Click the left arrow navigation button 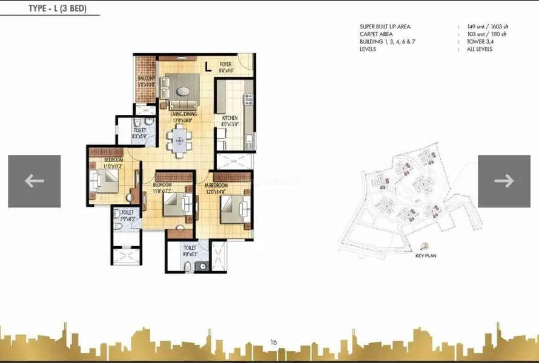(x=34, y=181)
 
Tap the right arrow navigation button (x=504, y=181)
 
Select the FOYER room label (x=225, y=64)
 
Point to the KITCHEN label (x=229, y=118)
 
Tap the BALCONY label (x=146, y=79)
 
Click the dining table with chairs (x=179, y=142)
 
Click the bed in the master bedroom (x=233, y=209)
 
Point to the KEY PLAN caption (x=426, y=256)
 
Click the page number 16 (x=274, y=342)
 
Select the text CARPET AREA (x=376, y=34)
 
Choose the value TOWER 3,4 (x=480, y=42)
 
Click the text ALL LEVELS (x=480, y=49)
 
